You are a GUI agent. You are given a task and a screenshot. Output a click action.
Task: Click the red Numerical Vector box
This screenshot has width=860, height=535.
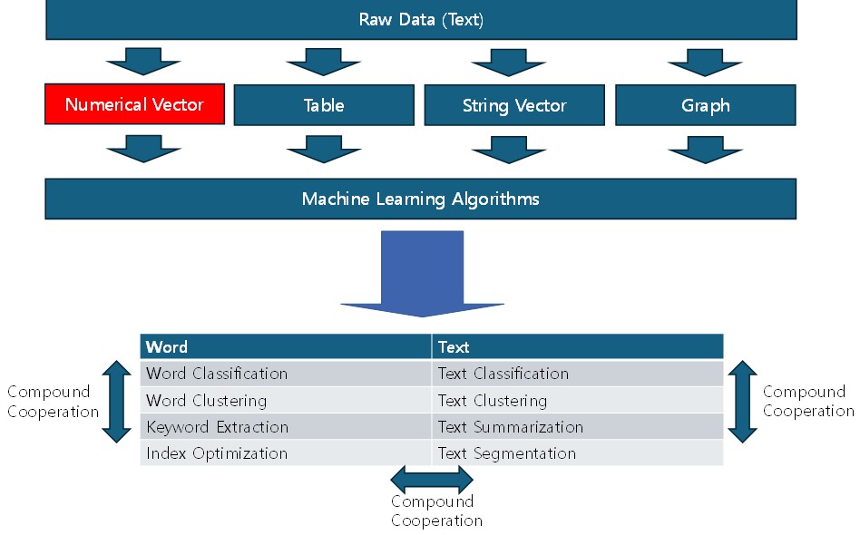tap(134, 104)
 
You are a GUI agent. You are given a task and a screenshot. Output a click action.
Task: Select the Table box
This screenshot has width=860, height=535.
tap(324, 105)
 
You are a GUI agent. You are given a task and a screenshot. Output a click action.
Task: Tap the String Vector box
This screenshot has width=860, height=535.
tap(514, 105)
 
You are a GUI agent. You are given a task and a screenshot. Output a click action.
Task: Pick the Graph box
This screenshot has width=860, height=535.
tap(706, 105)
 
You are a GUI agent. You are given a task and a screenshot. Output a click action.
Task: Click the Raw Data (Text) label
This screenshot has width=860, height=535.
tap(421, 20)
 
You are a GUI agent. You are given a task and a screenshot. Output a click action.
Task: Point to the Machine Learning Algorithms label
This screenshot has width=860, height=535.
tap(421, 199)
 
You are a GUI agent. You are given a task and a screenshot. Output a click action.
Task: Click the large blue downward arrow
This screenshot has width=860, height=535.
tap(423, 274)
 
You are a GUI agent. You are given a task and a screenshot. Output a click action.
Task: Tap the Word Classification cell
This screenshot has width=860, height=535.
tap(286, 374)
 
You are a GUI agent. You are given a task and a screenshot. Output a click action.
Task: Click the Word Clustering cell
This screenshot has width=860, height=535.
tap(286, 400)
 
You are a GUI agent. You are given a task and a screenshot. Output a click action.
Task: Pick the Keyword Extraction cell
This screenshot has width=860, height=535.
tap(286, 426)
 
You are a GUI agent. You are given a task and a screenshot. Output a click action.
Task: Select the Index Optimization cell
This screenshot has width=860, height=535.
tap(286, 452)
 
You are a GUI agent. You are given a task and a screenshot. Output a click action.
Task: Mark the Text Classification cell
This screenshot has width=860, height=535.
tap(578, 374)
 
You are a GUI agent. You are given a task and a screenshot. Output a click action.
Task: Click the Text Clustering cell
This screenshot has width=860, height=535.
tap(578, 400)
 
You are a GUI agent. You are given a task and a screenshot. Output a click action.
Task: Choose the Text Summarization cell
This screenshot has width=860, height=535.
tap(578, 426)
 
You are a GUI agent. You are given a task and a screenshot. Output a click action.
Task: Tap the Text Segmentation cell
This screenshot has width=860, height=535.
tap(578, 452)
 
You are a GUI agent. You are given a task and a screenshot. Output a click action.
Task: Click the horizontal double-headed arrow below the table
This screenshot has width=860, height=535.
tap(432, 480)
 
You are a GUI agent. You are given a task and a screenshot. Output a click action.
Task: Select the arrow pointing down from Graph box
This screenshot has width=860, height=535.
tap(706, 150)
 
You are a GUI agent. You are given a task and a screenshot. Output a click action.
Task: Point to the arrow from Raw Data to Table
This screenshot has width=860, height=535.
tap(324, 62)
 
